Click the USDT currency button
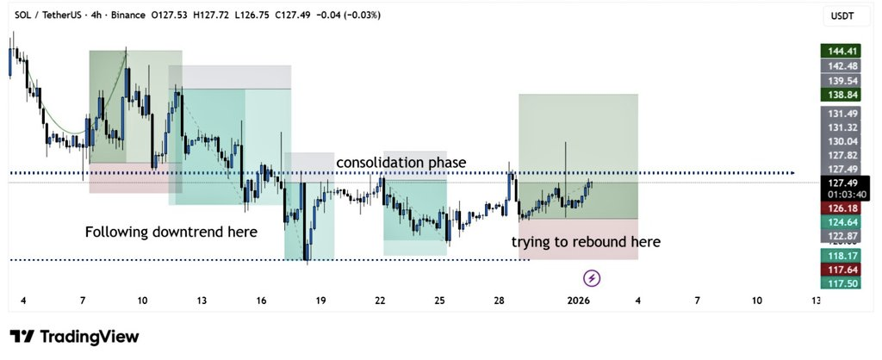pyautogui.click(x=842, y=16)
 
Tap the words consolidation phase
pyautogui.click(x=401, y=163)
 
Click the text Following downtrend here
pyautogui.click(x=171, y=232)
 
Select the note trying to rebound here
pyautogui.click(x=586, y=242)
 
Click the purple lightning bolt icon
pyautogui.click(x=592, y=277)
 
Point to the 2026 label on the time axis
pyautogui.click(x=579, y=301)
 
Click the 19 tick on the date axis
pyautogui.click(x=320, y=301)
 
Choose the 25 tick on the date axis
pyautogui.click(x=439, y=301)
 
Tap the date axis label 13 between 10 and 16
pyautogui.click(x=202, y=301)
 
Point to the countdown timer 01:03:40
pyautogui.click(x=842, y=195)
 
